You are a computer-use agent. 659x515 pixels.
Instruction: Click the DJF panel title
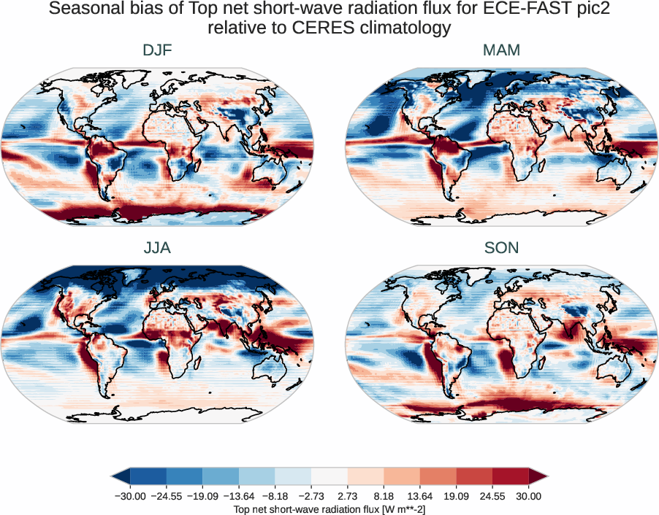point(158,51)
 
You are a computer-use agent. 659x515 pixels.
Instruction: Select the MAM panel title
point(501,51)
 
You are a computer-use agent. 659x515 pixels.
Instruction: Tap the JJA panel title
point(158,248)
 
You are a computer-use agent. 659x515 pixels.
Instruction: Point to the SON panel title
point(501,248)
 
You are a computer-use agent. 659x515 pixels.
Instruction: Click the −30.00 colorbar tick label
point(130,496)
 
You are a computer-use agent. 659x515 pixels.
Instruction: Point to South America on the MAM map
point(446,164)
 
